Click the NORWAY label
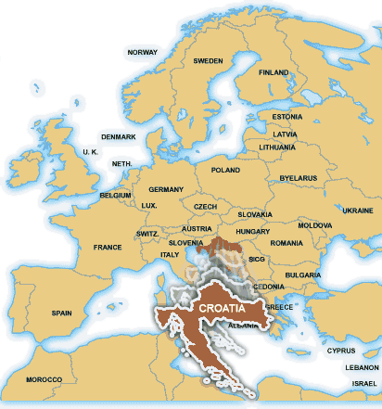coord(143,52)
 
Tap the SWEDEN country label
coord(209,61)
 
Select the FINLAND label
coord(274,72)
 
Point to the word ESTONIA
coord(287,117)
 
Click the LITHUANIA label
coord(277,147)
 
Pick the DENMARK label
coord(119,137)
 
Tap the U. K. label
coord(91,151)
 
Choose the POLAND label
coord(225,171)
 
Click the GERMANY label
coord(166,189)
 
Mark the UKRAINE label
coord(357,211)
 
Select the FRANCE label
coord(108,248)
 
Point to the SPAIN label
coord(62,313)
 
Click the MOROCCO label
coord(44,380)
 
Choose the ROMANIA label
coord(287,243)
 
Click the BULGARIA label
coord(302,275)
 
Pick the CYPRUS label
coord(340,351)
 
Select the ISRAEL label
coord(364,383)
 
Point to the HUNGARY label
coord(252,231)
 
